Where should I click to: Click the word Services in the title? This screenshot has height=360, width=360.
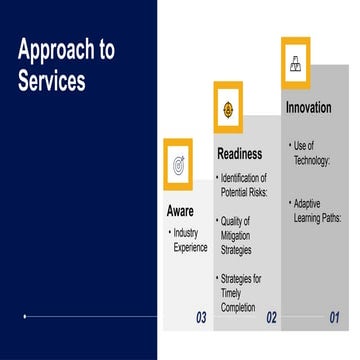tap(51, 81)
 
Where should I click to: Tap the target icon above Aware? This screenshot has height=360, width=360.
tap(178, 163)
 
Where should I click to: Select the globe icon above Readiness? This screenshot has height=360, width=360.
tap(228, 107)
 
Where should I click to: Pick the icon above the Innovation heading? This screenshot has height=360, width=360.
tap(295, 63)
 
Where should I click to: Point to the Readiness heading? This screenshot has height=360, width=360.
tap(240, 154)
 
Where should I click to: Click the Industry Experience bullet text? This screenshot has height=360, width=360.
tap(190, 240)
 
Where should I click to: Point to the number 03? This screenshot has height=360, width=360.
tap(200, 319)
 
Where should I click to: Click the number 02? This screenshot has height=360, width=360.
tap(270, 319)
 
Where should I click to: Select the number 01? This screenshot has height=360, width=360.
tap(335, 319)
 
